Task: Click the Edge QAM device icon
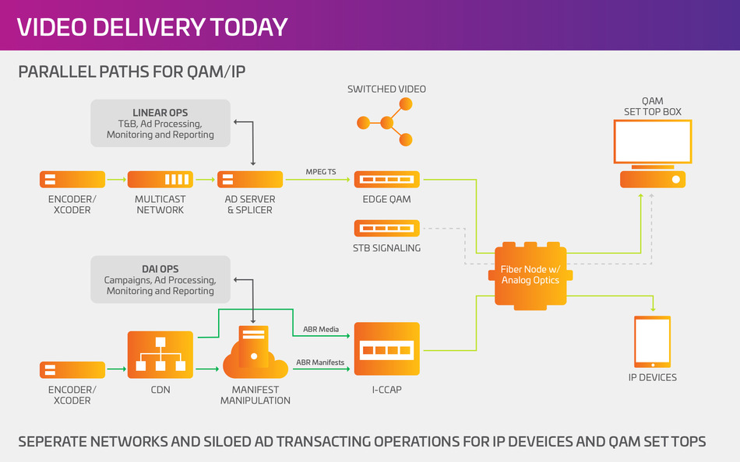387,180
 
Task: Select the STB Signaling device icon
387,229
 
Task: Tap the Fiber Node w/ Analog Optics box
530,275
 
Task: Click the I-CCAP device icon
387,350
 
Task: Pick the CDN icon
160,355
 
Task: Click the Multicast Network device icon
160,180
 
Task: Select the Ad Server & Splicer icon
249,180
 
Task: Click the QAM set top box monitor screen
652,142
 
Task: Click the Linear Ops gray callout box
161,124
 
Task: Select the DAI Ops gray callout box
161,280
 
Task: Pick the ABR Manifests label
320,362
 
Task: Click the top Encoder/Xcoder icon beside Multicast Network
72,180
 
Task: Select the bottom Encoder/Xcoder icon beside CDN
72,370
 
